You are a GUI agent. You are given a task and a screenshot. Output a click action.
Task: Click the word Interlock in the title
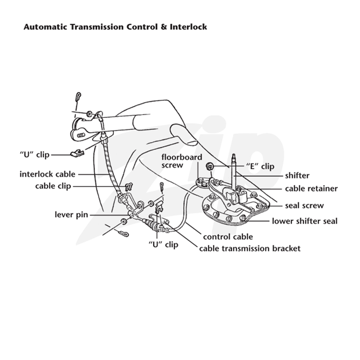pos(188,27)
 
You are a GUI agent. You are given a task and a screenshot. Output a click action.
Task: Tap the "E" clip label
pos(260,166)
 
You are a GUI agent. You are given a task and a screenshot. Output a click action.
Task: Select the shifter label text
pos(297,175)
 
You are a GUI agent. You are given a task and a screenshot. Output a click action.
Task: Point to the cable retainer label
pos(311,189)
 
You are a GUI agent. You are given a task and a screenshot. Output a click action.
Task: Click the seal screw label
pos(305,206)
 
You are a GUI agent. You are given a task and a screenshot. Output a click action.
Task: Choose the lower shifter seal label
pos(305,221)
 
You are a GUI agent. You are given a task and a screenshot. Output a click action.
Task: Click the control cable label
pos(228,237)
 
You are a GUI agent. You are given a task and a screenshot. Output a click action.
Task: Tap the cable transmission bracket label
pos(250,248)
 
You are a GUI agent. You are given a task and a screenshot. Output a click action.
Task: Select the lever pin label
pos(72,215)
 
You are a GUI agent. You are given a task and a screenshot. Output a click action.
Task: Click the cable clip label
pos(53,186)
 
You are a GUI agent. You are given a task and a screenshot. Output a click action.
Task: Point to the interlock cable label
pos(48,174)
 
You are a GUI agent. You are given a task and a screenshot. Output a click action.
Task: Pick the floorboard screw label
pos(182,161)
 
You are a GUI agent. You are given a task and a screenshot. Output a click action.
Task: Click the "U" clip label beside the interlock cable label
pos(35,154)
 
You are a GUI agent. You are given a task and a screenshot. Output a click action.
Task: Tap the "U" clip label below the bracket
pos(163,244)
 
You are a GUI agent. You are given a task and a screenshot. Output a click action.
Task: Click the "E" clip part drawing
pos(210,166)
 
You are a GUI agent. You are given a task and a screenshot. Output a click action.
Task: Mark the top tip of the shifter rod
pos(234,154)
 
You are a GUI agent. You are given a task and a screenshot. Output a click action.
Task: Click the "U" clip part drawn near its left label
pos(77,153)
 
